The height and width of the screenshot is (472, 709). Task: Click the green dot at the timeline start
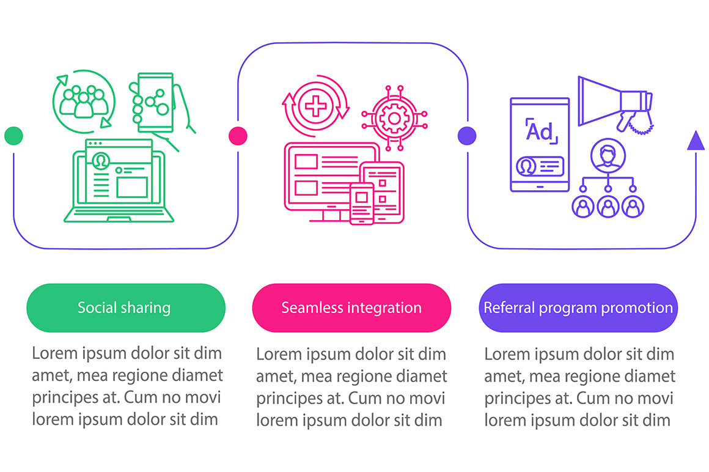(x=13, y=136)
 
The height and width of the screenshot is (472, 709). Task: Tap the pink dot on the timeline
(x=238, y=136)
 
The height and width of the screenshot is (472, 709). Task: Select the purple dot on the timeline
(x=467, y=136)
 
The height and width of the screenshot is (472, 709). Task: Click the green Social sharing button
(x=126, y=308)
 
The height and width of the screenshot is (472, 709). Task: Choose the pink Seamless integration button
(x=351, y=308)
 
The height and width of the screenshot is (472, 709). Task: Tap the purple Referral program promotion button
(x=578, y=308)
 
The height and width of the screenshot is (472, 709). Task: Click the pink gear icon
(x=394, y=119)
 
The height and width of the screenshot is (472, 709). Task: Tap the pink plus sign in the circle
(x=315, y=107)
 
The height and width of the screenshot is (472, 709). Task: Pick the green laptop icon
(x=119, y=181)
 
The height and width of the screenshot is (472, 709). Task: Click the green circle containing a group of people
(x=84, y=101)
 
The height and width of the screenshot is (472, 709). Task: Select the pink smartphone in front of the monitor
(x=362, y=204)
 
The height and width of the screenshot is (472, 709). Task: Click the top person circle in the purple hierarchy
(x=608, y=155)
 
